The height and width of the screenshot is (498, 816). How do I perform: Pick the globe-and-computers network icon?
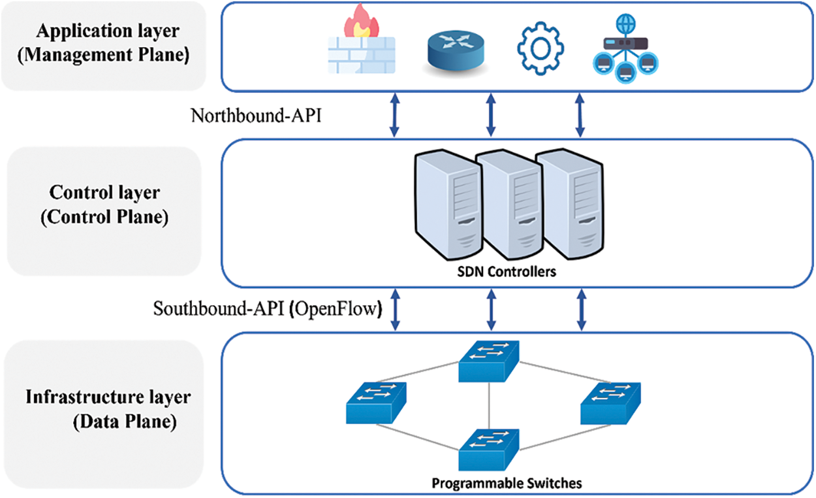(x=625, y=49)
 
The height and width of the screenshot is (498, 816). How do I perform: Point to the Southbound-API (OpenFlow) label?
(x=268, y=308)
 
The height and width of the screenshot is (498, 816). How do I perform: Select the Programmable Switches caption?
(x=507, y=484)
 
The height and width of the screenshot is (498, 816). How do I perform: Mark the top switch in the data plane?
(x=489, y=361)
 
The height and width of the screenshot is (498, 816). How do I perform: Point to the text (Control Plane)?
(x=104, y=218)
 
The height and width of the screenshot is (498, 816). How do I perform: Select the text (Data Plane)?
(x=124, y=422)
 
